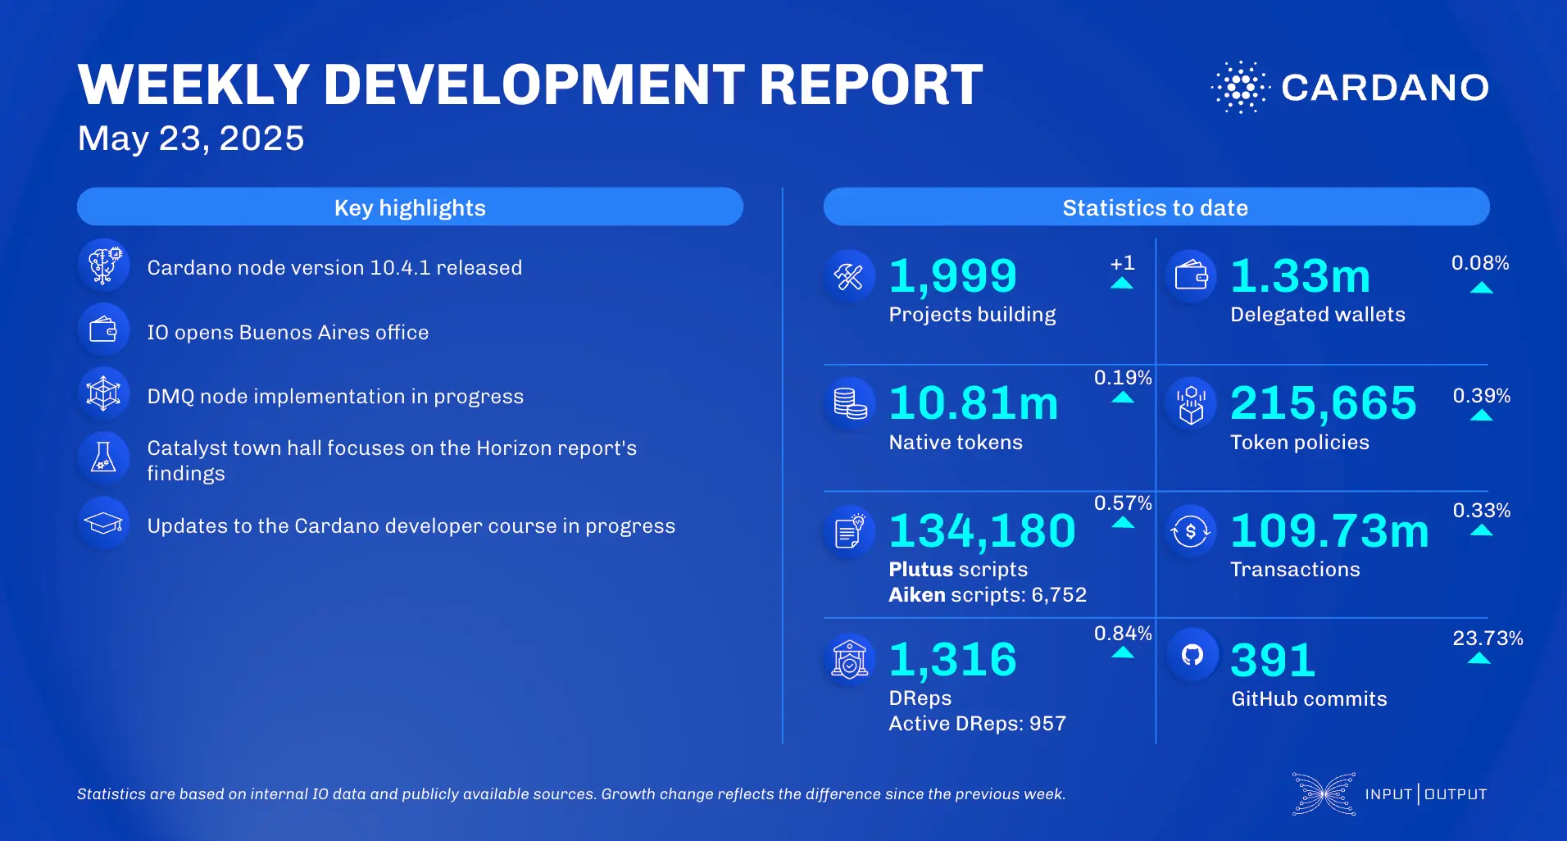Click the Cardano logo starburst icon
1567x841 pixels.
1240,87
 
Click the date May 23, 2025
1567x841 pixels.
191,139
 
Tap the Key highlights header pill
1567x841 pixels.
410,207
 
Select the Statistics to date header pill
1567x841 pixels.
1156,207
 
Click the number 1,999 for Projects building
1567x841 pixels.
952,276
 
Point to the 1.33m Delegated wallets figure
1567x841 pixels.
1300,276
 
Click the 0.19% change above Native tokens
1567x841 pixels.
1122,378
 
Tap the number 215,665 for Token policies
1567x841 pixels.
1323,403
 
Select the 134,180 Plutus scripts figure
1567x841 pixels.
982,530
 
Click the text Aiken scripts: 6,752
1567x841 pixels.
988,595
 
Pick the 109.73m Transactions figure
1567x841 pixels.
1329,530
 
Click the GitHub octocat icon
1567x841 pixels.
1192,654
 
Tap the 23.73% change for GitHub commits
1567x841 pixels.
1487,639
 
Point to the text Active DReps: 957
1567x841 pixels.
977,724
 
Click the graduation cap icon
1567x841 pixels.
104,522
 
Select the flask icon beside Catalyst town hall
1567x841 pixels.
104,457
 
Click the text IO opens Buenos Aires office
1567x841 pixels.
288,333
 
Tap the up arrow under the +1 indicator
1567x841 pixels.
1122,284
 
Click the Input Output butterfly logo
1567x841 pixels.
1323,793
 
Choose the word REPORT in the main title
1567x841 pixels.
870,85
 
